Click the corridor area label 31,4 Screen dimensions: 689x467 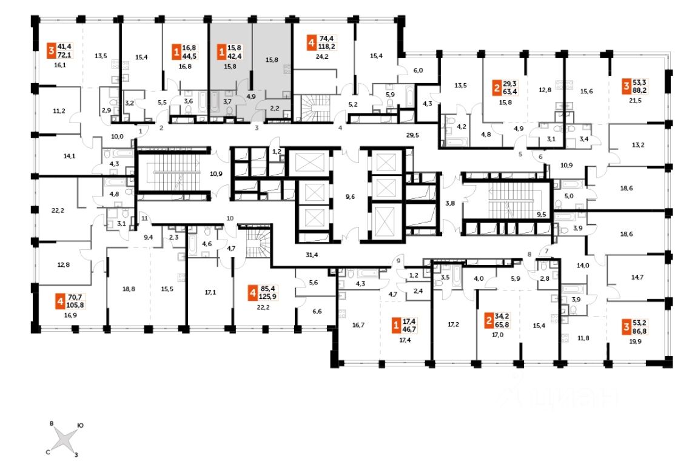312,255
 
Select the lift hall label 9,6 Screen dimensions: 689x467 349,197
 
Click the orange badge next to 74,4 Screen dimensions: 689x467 312,44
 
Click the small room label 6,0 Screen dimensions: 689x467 418,70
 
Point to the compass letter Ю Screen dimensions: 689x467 81,426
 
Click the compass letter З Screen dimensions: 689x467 76,454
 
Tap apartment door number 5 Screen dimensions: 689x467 520,154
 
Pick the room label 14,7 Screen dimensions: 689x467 637,277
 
